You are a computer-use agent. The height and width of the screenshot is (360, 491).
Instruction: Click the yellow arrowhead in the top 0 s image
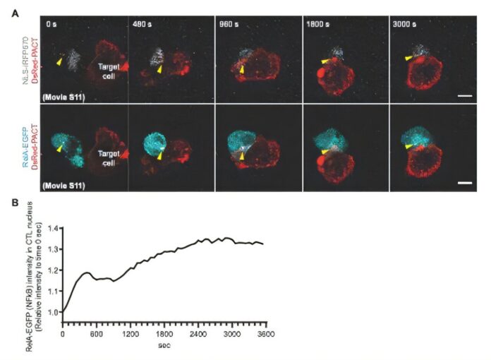point(59,62)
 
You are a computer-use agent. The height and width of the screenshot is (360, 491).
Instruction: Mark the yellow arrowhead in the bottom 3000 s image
point(408,145)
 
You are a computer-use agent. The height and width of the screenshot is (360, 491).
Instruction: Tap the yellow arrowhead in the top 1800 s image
point(323,62)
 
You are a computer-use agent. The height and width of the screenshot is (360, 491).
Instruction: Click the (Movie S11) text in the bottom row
point(64,186)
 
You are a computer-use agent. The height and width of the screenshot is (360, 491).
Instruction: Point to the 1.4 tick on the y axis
point(55,229)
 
